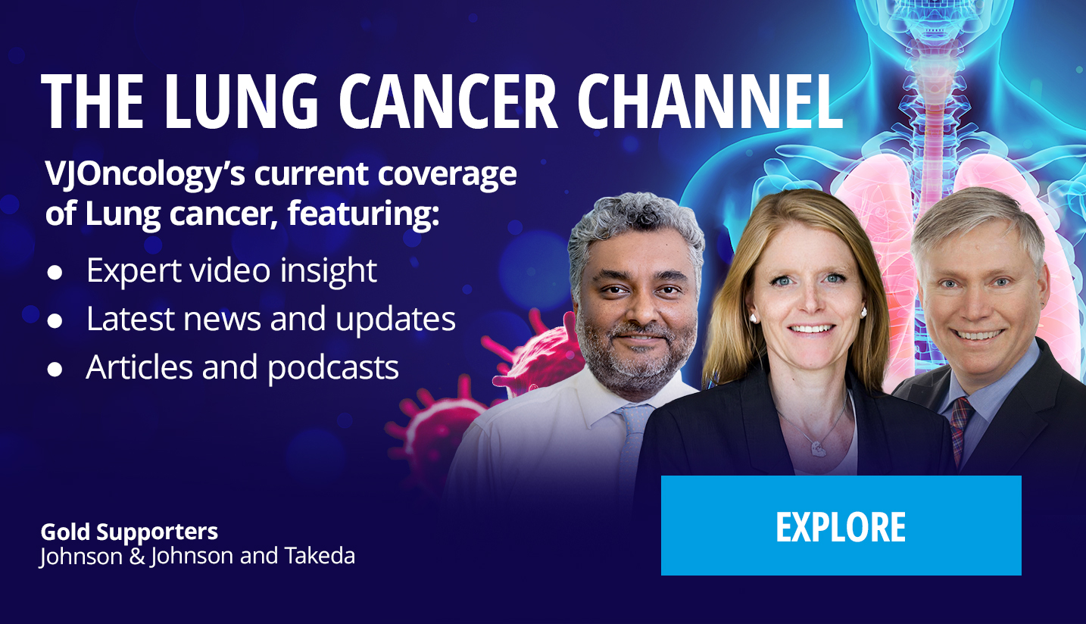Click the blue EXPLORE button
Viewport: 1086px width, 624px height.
841,526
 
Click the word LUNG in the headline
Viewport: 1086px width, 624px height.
241,101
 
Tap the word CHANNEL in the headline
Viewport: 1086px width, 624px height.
710,101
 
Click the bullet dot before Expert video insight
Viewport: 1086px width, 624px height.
55,273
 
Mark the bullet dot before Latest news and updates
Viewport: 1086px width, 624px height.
55,321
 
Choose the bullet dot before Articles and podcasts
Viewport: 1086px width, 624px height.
55,370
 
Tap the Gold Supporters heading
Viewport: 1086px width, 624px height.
129,532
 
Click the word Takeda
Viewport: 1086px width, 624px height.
320,556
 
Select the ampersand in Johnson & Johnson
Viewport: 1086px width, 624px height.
137,556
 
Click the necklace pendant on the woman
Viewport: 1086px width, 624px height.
817,448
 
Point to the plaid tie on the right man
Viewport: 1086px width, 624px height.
960,429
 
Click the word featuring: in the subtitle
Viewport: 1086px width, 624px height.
363,214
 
